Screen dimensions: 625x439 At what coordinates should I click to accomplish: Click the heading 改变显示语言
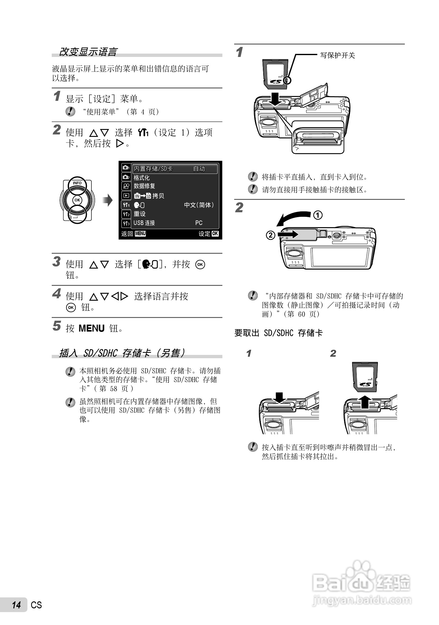88,52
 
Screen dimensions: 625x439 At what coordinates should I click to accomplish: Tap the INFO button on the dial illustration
77,183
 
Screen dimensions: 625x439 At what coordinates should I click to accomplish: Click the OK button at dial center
77,200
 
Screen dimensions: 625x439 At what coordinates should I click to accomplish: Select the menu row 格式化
142,178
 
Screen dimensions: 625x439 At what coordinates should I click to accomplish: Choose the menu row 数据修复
144,186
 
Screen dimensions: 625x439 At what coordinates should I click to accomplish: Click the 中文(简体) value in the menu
199,205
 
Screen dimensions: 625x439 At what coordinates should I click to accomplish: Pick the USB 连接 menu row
144,223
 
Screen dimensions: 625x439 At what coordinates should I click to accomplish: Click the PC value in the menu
199,223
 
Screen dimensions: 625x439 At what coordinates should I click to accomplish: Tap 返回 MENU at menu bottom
133,233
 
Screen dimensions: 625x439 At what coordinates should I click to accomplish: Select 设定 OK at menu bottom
208,233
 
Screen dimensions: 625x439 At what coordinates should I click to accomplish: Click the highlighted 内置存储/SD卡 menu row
175,169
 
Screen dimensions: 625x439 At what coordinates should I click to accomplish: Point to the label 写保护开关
337,55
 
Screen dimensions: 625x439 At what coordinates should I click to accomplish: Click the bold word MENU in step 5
91,328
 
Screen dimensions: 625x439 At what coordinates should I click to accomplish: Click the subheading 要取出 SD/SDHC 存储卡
278,333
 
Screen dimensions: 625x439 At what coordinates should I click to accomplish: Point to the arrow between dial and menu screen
108,200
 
